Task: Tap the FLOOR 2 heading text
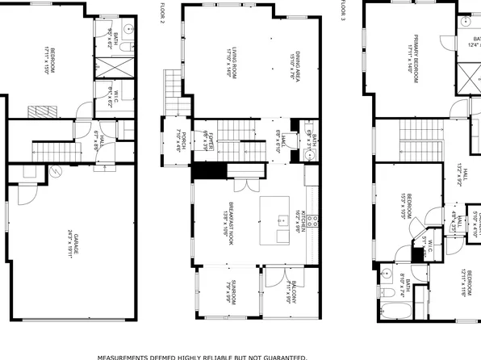point(160,11)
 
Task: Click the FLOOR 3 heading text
point(341,11)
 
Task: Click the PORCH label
point(182,139)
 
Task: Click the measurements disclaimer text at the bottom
point(203,355)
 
